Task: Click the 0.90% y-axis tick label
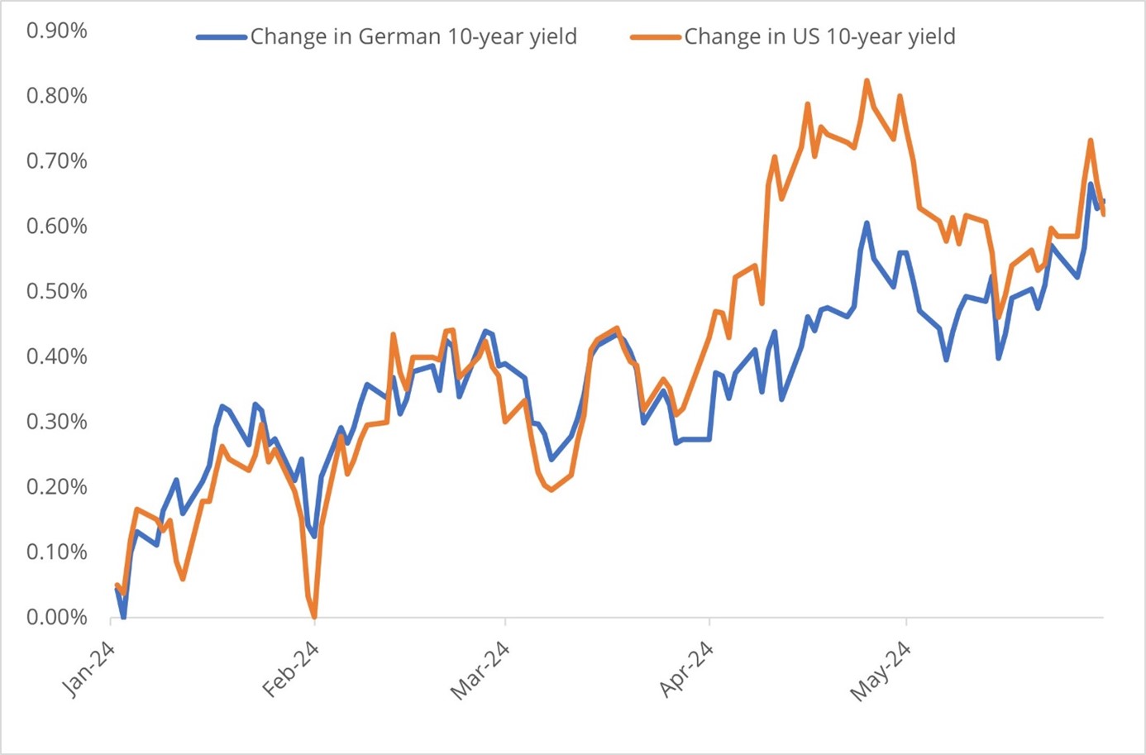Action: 56,31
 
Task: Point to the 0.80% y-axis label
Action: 56,96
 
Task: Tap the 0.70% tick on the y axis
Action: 56,161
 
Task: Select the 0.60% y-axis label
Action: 56,227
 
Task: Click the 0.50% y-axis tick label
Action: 56,291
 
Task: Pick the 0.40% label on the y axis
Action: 56,356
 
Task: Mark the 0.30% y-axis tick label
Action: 56,422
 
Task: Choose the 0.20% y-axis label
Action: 56,487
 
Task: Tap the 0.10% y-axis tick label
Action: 56,552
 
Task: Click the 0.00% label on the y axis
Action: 56,617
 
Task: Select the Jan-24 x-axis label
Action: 89,669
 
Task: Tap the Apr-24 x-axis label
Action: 686,669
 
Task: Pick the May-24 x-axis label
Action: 881,671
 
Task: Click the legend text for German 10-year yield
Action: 413,37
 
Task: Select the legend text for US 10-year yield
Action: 819,37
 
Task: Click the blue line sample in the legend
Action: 222,37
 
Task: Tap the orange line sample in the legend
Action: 656,37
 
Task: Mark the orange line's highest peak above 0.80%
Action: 867,81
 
